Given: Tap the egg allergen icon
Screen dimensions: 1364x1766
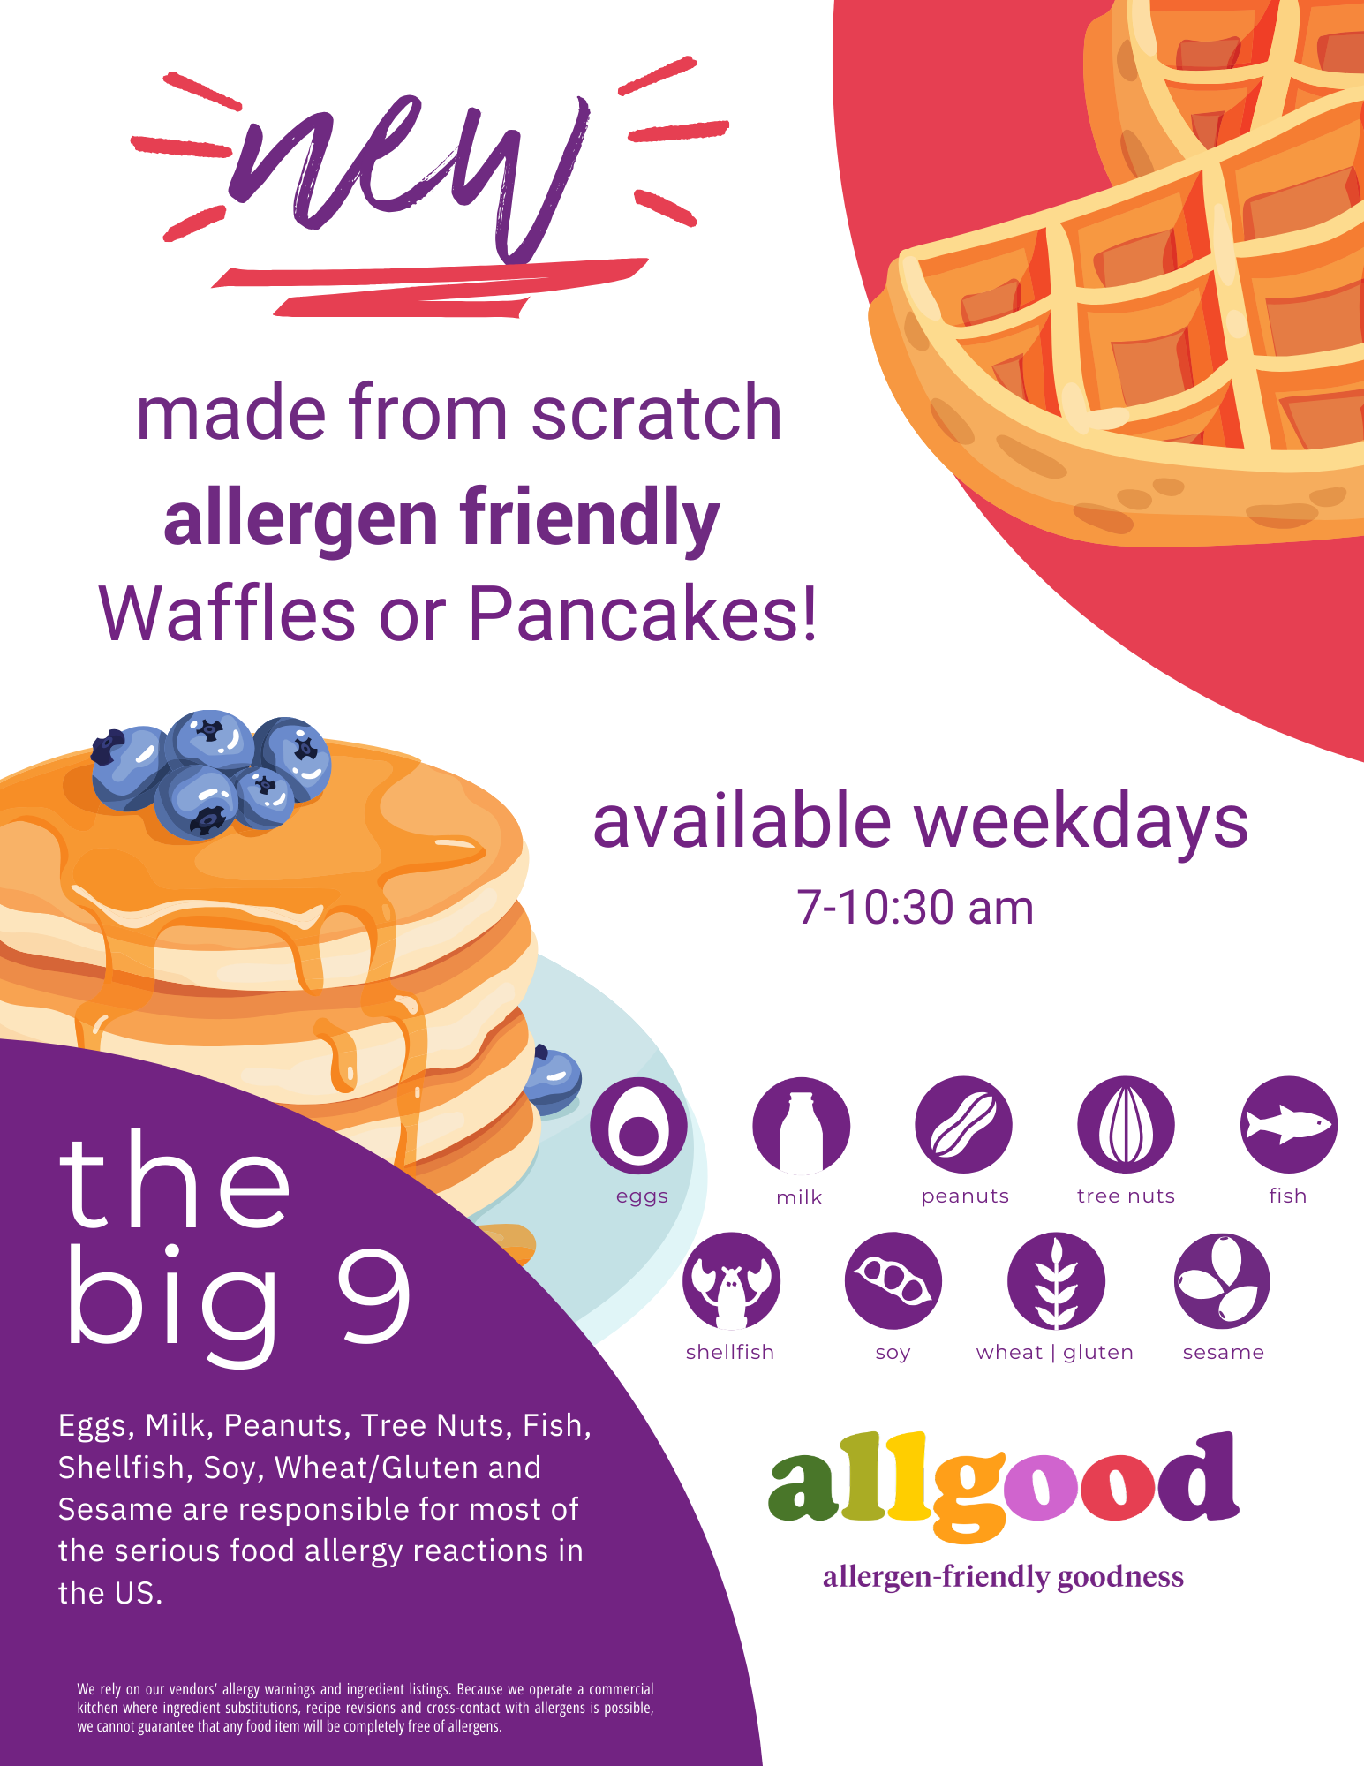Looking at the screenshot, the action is tap(638, 1126).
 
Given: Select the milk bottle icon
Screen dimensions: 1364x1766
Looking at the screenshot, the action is tap(801, 1126).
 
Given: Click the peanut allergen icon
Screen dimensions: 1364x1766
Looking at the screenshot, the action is tap(963, 1125).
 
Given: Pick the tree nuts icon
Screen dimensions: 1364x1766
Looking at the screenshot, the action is tap(1126, 1125).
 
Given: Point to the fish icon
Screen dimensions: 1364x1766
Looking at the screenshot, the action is tap(1289, 1125).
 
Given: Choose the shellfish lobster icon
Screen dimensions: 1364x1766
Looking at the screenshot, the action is tap(731, 1281).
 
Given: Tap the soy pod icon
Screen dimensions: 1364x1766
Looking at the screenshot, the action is tap(893, 1281).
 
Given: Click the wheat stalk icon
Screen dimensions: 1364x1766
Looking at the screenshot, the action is tap(1056, 1281).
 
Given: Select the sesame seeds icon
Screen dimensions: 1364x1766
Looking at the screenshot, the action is tap(1222, 1281).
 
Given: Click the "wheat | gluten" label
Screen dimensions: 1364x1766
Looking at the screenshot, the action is tap(1055, 1353).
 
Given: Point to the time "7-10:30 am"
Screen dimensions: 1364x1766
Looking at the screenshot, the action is tap(916, 908).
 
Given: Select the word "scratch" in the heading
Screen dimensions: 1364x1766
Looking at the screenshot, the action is tap(657, 413).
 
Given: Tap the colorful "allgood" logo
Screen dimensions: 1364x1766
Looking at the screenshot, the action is tap(1004, 1485).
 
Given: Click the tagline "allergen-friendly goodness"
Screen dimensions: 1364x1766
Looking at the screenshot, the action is tap(1004, 1577).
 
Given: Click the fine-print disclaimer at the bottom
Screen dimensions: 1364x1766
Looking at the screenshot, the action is tap(365, 1708).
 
